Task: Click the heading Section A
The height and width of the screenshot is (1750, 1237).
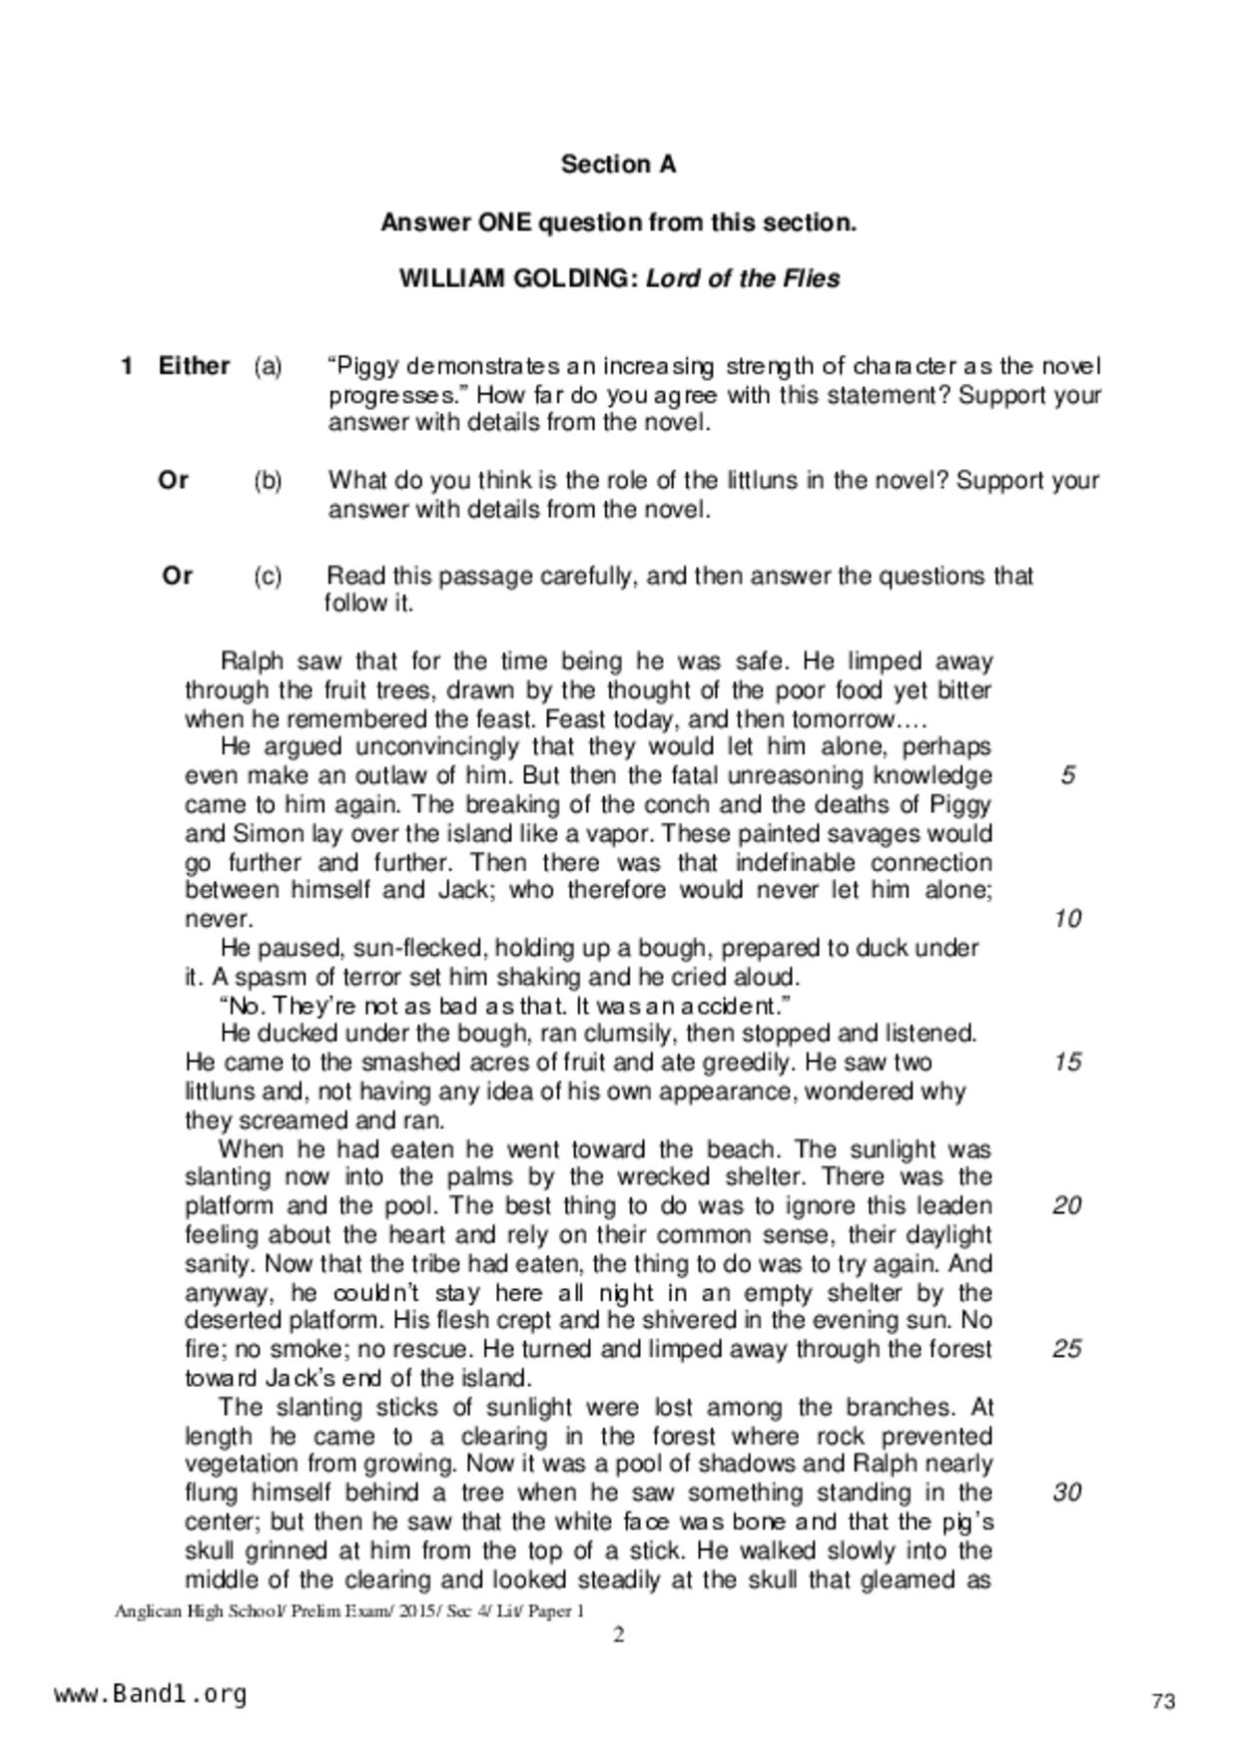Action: [618, 165]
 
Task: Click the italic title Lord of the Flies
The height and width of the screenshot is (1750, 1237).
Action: [743, 278]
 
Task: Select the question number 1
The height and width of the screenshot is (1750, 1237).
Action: [127, 366]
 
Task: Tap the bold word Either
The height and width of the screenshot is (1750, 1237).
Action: [195, 366]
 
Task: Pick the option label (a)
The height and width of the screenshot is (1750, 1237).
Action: [268, 366]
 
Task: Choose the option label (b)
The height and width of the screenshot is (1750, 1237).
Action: [268, 481]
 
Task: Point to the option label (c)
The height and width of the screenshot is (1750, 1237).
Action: [268, 576]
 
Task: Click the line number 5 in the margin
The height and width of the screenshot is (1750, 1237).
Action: [1068, 775]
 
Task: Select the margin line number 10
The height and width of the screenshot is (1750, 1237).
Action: [1067, 919]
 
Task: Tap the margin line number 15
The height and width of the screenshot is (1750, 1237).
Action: [1067, 1062]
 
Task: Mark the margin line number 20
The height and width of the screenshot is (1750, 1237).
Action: [1067, 1205]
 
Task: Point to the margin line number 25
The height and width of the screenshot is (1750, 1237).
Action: [1067, 1349]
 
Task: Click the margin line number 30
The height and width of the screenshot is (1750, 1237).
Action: [1067, 1493]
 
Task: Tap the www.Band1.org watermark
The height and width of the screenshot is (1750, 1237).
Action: [150, 1694]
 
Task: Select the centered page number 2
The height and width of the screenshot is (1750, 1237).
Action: [619, 1634]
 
